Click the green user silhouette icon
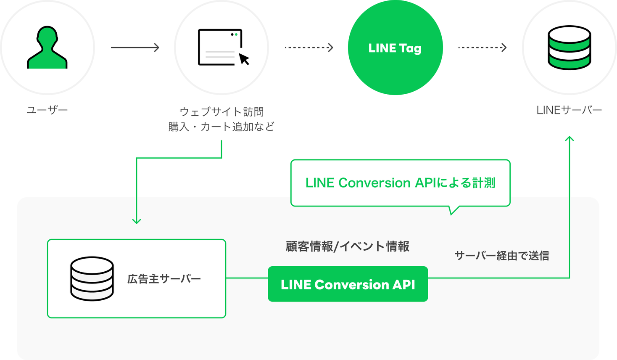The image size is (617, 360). tap(47, 48)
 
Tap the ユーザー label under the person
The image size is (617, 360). tap(47, 110)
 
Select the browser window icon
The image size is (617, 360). tap(220, 47)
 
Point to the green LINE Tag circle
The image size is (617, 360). tap(395, 48)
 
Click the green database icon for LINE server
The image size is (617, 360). tap(569, 48)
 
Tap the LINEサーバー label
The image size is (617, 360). tap(569, 110)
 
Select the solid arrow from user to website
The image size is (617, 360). tap(135, 48)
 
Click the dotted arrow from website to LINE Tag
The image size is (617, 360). tap(309, 48)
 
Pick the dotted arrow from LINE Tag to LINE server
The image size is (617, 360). tap(482, 48)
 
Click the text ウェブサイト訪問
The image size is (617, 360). tap(221, 112)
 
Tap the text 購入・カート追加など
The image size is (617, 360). tap(221, 127)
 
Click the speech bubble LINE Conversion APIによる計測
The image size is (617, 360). tap(400, 183)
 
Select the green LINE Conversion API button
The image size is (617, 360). tap(348, 284)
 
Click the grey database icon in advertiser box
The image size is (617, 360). tap(92, 278)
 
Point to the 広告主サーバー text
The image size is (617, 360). tap(164, 279)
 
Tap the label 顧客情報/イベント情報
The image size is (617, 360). tap(347, 246)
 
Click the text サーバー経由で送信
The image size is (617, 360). tap(502, 256)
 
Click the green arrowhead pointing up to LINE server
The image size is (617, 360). tap(570, 138)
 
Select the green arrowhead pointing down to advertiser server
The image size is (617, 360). tap(137, 221)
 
